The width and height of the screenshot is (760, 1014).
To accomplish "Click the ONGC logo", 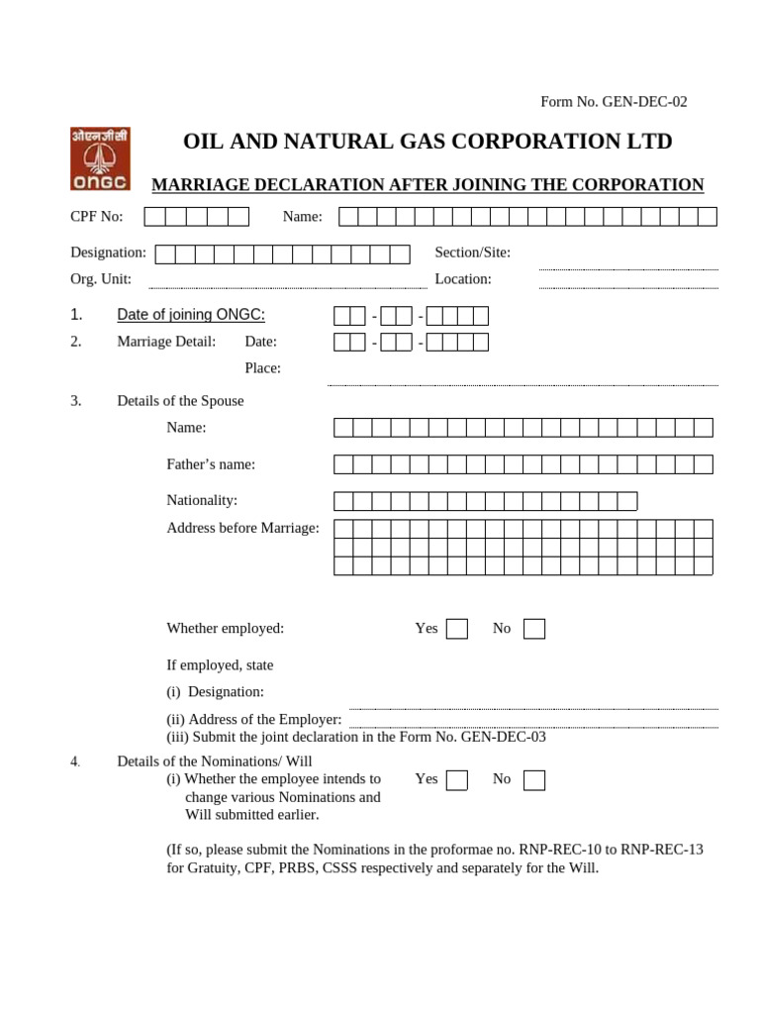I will pyautogui.click(x=100, y=158).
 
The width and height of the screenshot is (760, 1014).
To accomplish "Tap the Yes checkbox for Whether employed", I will pyautogui.click(x=456, y=629).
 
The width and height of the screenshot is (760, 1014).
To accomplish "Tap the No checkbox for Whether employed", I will pyautogui.click(x=534, y=629).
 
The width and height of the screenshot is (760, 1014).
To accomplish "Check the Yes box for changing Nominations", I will pyautogui.click(x=456, y=780).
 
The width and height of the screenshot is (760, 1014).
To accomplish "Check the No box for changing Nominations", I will pyautogui.click(x=534, y=780).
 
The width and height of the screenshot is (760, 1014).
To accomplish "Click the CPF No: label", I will pyautogui.click(x=97, y=217).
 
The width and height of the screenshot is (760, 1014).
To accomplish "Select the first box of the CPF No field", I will pyautogui.click(x=154, y=217).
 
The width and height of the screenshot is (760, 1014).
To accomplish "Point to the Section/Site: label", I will pyautogui.click(x=472, y=253).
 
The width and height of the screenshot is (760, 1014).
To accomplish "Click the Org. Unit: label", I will pyautogui.click(x=101, y=279).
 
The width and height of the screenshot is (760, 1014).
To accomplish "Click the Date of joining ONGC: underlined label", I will pyautogui.click(x=191, y=315).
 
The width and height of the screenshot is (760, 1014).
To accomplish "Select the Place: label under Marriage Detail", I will pyautogui.click(x=263, y=368).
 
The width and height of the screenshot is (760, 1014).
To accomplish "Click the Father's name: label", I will pyautogui.click(x=211, y=464).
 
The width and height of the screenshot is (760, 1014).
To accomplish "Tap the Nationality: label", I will pyautogui.click(x=202, y=501).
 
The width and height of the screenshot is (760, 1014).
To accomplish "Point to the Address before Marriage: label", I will pyautogui.click(x=242, y=528).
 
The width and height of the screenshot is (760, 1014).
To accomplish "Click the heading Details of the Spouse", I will pyautogui.click(x=180, y=401).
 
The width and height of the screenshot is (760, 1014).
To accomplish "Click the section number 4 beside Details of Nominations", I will pyautogui.click(x=74, y=761).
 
